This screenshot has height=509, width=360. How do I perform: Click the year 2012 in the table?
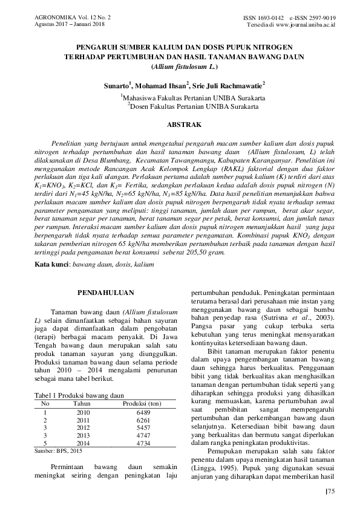click(x=82, y=427)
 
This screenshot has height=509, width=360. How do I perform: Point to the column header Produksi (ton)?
click(x=142, y=403)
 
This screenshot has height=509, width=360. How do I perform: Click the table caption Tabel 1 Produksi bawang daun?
click(x=76, y=395)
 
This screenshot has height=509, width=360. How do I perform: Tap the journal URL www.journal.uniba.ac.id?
click(x=309, y=25)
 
